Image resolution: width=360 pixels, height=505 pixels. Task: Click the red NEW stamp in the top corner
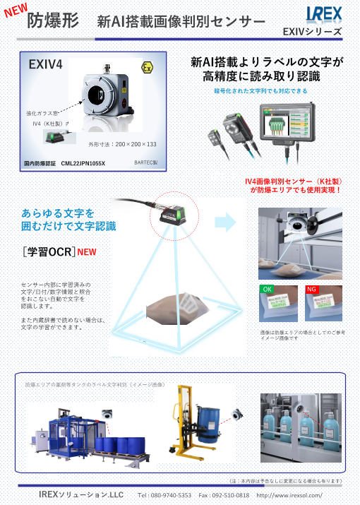coord(16,11)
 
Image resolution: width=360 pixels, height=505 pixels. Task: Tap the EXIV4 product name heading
coord(46,65)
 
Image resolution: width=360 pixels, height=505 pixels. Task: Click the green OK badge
coord(267,289)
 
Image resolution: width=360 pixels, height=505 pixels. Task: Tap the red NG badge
coord(311,289)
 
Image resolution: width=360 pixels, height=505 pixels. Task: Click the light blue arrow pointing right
coord(225,222)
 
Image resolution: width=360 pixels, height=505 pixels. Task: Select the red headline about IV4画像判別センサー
coord(293,185)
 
